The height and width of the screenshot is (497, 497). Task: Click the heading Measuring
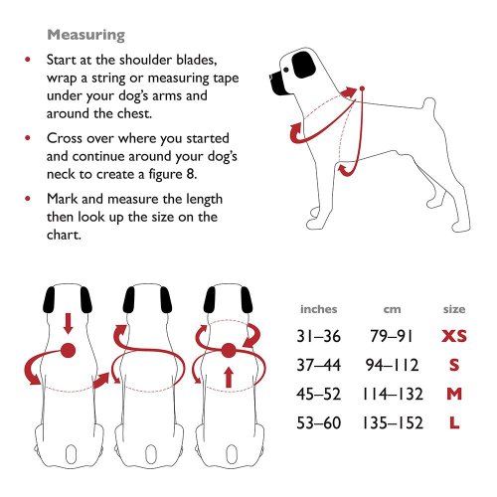tap(85, 35)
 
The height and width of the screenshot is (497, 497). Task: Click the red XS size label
tap(453, 338)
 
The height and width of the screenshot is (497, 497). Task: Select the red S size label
tap(453, 366)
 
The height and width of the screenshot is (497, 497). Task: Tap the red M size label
tap(453, 395)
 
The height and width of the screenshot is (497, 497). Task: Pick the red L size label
tap(453, 422)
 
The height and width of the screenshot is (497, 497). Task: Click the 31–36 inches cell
tap(319, 338)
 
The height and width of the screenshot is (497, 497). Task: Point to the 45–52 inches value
tap(319, 395)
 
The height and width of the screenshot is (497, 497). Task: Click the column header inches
tap(318, 309)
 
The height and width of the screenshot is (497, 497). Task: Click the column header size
tap(453, 309)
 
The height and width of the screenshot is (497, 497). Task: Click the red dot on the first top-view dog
tap(69, 350)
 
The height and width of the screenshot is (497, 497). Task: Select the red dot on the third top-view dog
tap(228, 350)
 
